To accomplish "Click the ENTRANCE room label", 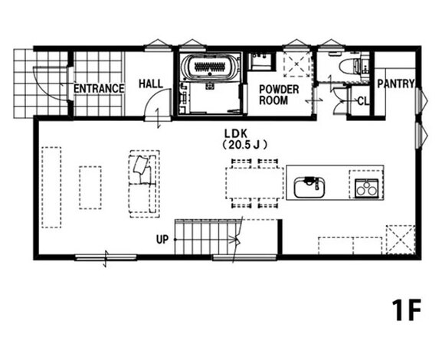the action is (99, 89).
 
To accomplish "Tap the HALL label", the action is (151, 83).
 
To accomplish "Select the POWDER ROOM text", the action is (279, 95).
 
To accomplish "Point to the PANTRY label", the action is (396, 83).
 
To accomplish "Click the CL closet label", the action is (363, 101).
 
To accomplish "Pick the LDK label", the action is (236, 133).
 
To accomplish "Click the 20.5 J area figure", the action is (244, 145).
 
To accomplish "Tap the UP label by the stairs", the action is (162, 240).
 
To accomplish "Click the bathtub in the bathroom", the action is (210, 67).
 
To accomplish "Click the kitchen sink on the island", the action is (310, 188).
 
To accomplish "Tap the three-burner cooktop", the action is (366, 188).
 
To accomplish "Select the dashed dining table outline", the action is (254, 183).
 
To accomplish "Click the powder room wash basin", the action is (260, 61).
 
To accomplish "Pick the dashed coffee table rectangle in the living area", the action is (90, 188).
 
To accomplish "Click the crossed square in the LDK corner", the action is (401, 240).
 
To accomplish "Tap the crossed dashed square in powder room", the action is (297, 64).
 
